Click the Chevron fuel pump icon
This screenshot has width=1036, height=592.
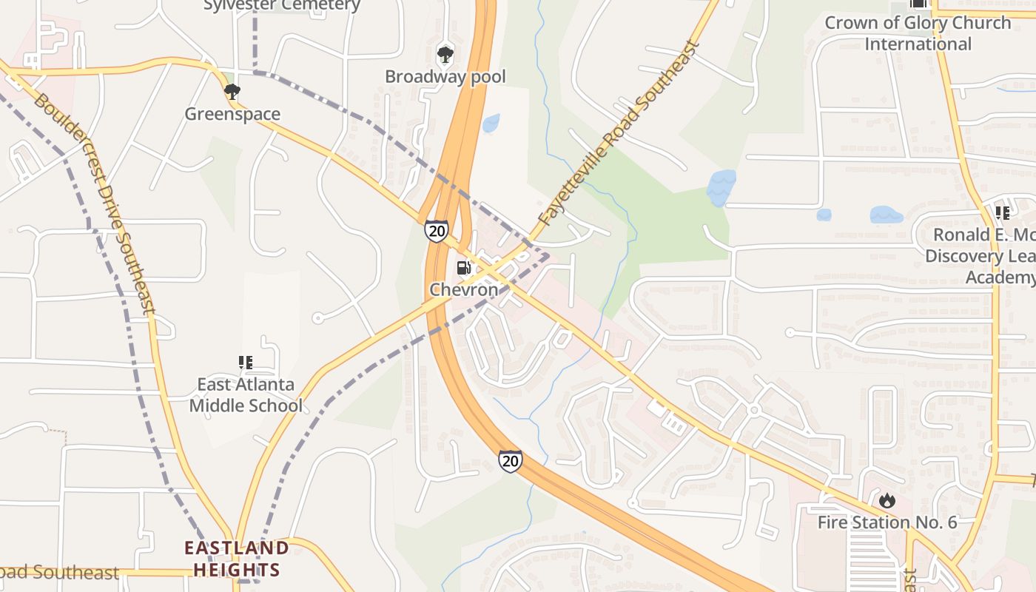click(463, 267)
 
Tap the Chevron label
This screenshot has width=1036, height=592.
click(464, 289)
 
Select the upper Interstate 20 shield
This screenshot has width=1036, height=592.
click(437, 231)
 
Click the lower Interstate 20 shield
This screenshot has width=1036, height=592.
click(510, 460)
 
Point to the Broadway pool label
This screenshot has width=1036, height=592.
click(445, 76)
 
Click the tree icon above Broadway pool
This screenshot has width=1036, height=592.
click(445, 54)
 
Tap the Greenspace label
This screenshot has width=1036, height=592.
click(232, 114)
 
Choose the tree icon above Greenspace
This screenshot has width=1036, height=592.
click(232, 92)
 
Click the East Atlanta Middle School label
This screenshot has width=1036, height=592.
click(246, 395)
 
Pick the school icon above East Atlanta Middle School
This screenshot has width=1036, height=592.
click(246, 363)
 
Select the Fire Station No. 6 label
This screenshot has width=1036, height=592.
click(887, 522)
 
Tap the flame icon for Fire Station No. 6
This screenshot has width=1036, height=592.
click(887, 501)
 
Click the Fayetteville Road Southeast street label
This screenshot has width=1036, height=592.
click(619, 134)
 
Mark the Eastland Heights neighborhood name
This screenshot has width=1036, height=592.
click(237, 559)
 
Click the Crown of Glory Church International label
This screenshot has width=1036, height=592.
click(918, 33)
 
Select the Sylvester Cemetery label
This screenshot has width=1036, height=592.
click(282, 6)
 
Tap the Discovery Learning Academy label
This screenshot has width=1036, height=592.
click(980, 256)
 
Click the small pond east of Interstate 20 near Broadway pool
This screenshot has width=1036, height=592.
click(491, 123)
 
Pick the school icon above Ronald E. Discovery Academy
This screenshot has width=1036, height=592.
click(1003, 213)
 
